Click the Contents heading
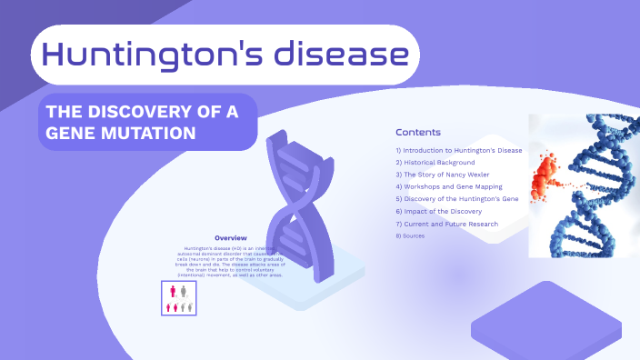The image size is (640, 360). [418, 132]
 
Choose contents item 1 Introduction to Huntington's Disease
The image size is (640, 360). [459, 150]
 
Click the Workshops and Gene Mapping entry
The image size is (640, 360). [448, 186]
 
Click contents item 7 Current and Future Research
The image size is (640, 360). [446, 224]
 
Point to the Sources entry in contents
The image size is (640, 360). [410, 235]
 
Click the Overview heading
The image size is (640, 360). [231, 238]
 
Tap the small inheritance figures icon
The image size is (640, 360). [179, 298]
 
